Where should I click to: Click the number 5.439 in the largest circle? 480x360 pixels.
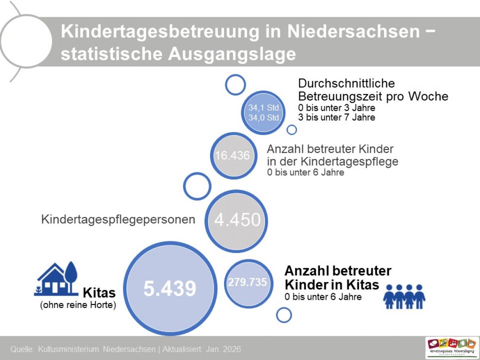pyautogui.click(x=169, y=289)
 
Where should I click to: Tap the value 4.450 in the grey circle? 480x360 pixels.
pyautogui.click(x=237, y=220)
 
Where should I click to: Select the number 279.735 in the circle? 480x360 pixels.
pyautogui.click(x=247, y=283)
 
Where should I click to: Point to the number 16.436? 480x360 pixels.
pyautogui.click(x=232, y=156)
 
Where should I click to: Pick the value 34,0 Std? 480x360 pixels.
pyautogui.click(x=264, y=118)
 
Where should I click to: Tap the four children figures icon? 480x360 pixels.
pyautogui.click(x=404, y=296)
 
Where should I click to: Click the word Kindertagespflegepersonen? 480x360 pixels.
pyautogui.click(x=118, y=219)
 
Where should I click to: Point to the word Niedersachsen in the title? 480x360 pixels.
pyautogui.click(x=353, y=32)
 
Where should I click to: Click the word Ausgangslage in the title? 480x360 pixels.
pyautogui.click(x=232, y=54)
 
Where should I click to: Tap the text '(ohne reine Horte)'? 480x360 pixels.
pyautogui.click(x=78, y=305)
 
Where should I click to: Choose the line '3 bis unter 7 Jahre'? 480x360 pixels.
pyautogui.click(x=336, y=117)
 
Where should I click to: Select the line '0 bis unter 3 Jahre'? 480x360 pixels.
pyautogui.click(x=336, y=108)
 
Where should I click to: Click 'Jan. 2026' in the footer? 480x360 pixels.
pyautogui.click(x=225, y=350)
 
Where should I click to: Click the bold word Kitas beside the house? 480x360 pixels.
pyautogui.click(x=99, y=293)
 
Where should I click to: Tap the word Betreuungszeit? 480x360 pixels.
pyautogui.click(x=342, y=96)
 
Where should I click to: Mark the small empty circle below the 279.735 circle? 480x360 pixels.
pyautogui.click(x=283, y=315)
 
